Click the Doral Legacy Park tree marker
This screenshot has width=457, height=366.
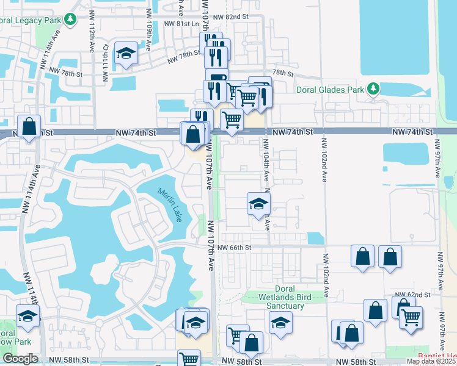coord(71,19)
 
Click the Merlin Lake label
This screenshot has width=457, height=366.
coord(169,204)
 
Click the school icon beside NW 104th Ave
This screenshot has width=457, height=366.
coord(258,204)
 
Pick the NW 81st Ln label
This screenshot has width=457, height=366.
coord(181,24)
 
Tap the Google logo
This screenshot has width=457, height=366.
coord(20,359)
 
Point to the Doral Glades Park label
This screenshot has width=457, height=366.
coord(329,90)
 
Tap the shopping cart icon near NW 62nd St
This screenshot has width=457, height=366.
coord(411,317)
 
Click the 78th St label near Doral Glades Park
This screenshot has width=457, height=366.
coord(283,73)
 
